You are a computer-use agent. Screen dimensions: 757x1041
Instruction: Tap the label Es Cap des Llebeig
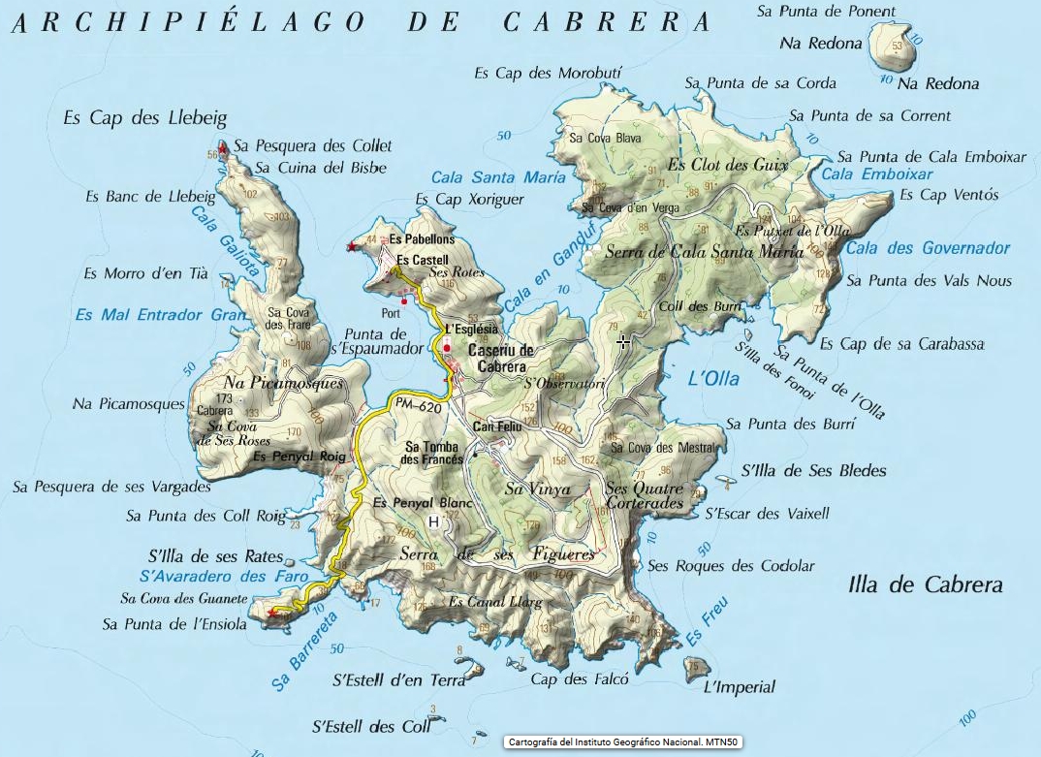pyautogui.click(x=144, y=118)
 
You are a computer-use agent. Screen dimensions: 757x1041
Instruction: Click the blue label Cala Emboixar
pyautogui.click(x=876, y=174)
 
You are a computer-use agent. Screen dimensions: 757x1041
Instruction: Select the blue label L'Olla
pyautogui.click(x=712, y=379)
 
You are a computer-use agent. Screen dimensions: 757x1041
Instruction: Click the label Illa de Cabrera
pyautogui.click(x=925, y=584)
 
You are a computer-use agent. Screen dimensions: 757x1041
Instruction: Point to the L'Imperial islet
pyautogui.click(x=694, y=668)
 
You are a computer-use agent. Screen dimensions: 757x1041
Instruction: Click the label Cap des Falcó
pyautogui.click(x=580, y=679)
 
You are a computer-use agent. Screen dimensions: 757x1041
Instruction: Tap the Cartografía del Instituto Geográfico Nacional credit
pyautogui.click(x=623, y=742)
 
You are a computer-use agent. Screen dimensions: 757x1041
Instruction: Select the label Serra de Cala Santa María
pyautogui.click(x=703, y=252)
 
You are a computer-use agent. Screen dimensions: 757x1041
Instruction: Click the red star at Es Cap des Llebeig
pyautogui.click(x=223, y=148)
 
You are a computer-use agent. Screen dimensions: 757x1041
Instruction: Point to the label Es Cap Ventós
pyautogui.click(x=948, y=195)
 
